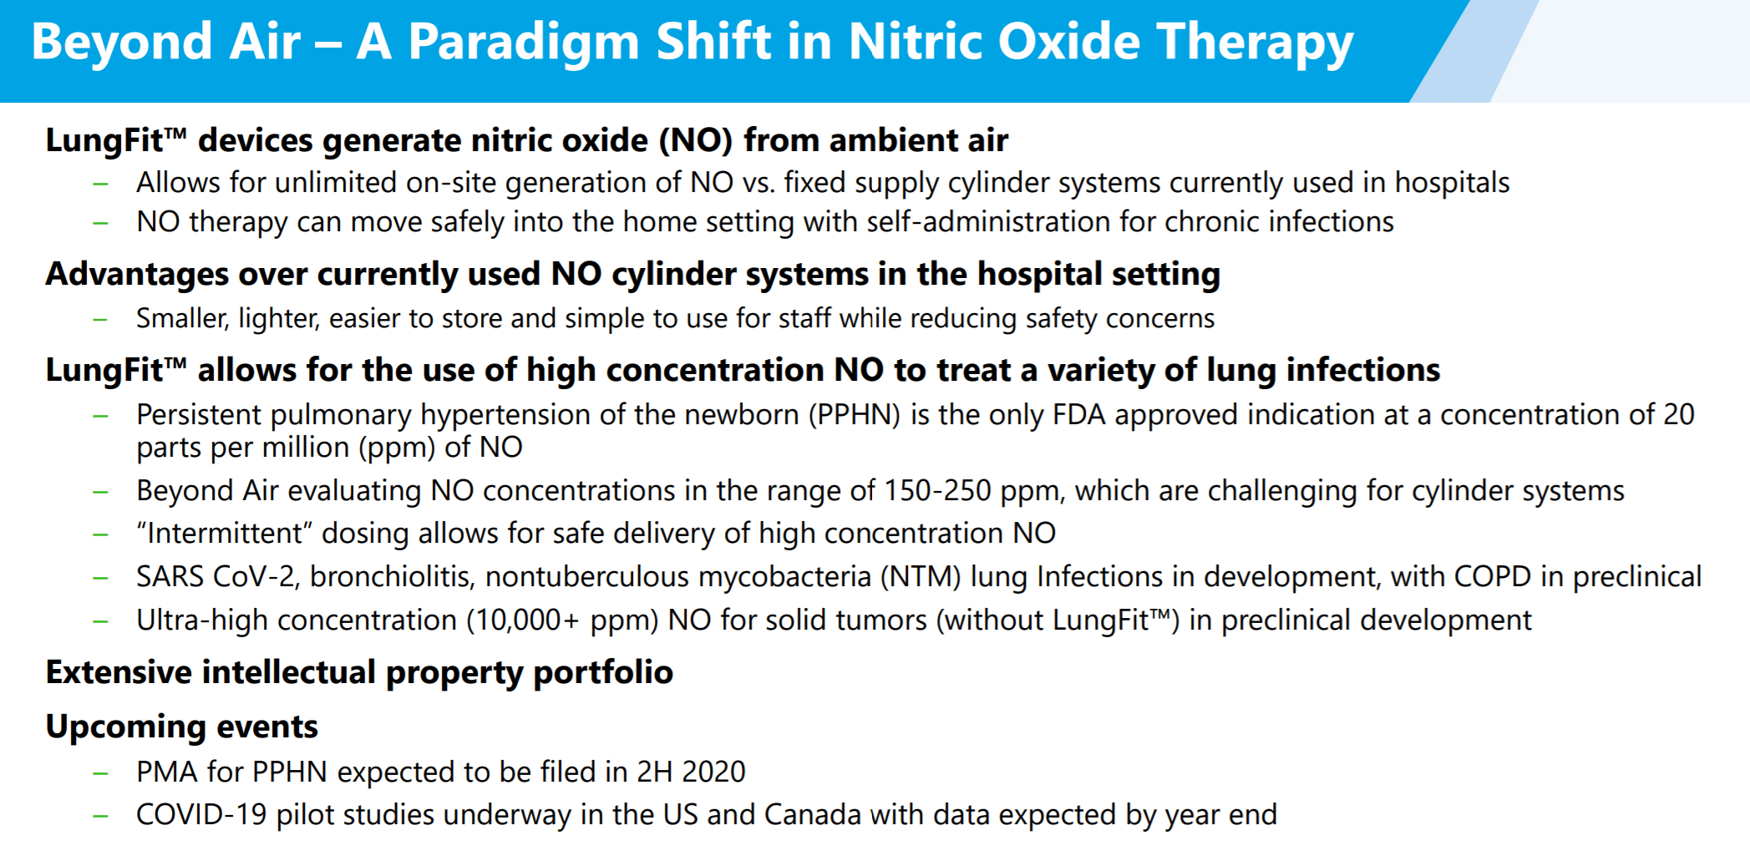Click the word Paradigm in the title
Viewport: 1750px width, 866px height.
point(524,43)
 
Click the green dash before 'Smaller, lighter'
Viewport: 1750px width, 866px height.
point(101,319)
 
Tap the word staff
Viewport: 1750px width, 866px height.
point(806,318)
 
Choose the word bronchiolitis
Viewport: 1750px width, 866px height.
point(390,576)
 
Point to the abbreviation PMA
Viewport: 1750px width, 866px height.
point(168,772)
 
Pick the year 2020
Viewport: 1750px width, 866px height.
point(713,772)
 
